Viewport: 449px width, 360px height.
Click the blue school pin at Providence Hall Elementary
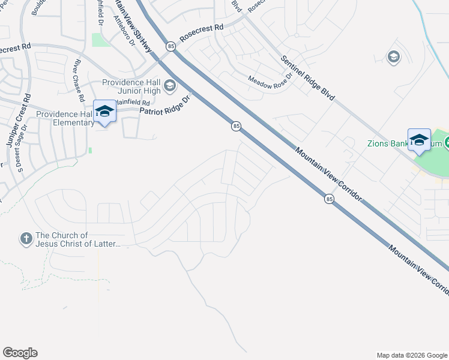105,110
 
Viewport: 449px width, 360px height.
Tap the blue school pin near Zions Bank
419,140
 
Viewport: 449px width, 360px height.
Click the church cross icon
26,239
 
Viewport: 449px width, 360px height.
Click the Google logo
20,353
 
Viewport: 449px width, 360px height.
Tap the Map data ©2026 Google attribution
411,355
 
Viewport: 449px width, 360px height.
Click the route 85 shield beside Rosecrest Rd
171,46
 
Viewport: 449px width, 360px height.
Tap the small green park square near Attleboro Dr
98,40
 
